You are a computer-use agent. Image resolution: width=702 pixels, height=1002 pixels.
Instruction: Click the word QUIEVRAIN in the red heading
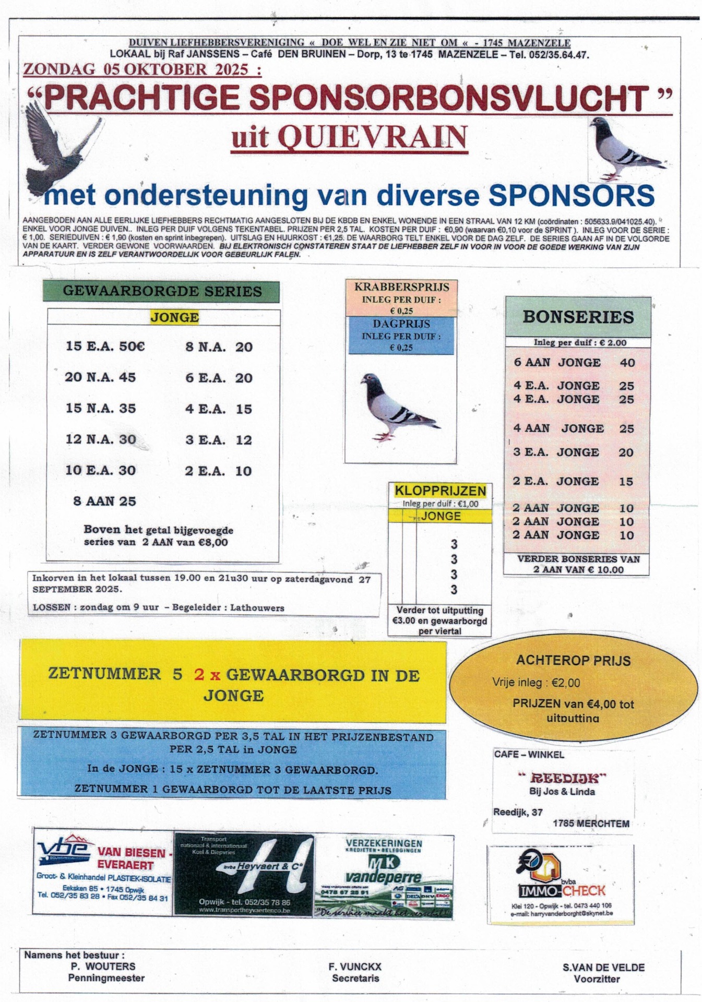[372, 137]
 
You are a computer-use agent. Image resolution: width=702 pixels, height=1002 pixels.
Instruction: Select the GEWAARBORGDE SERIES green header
[162, 291]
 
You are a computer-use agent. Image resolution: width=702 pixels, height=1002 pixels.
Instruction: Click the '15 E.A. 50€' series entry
[105, 346]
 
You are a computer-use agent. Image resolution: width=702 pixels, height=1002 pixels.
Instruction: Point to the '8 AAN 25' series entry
[104, 501]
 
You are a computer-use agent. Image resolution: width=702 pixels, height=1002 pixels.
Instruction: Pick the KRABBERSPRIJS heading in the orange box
[401, 287]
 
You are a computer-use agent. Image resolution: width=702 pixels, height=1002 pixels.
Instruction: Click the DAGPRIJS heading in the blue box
[401, 324]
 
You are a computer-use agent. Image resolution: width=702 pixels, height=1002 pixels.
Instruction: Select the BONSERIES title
[578, 317]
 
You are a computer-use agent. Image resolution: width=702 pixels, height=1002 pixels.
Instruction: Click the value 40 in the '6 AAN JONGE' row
[627, 363]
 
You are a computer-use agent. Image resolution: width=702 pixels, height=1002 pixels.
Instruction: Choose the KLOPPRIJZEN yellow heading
[440, 491]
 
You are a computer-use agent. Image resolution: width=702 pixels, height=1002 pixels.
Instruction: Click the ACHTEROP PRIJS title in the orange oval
[573, 661]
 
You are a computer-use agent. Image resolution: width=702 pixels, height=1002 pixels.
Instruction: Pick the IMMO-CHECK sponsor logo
[561, 884]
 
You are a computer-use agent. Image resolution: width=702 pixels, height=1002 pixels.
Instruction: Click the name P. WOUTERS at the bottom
[103, 967]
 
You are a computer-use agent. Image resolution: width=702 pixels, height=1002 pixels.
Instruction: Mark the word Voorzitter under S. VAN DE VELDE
[597, 979]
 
